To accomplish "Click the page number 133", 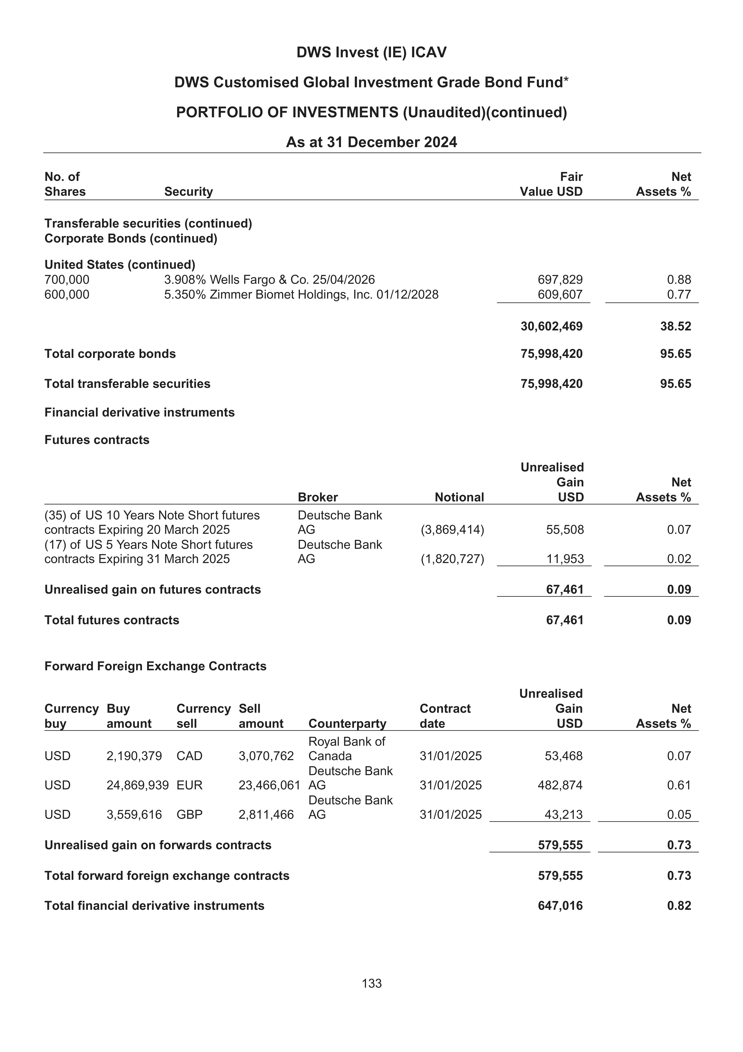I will pos(371,983).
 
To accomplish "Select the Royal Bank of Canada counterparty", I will pos(347,749).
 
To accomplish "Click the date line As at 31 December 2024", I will pos(371,142).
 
